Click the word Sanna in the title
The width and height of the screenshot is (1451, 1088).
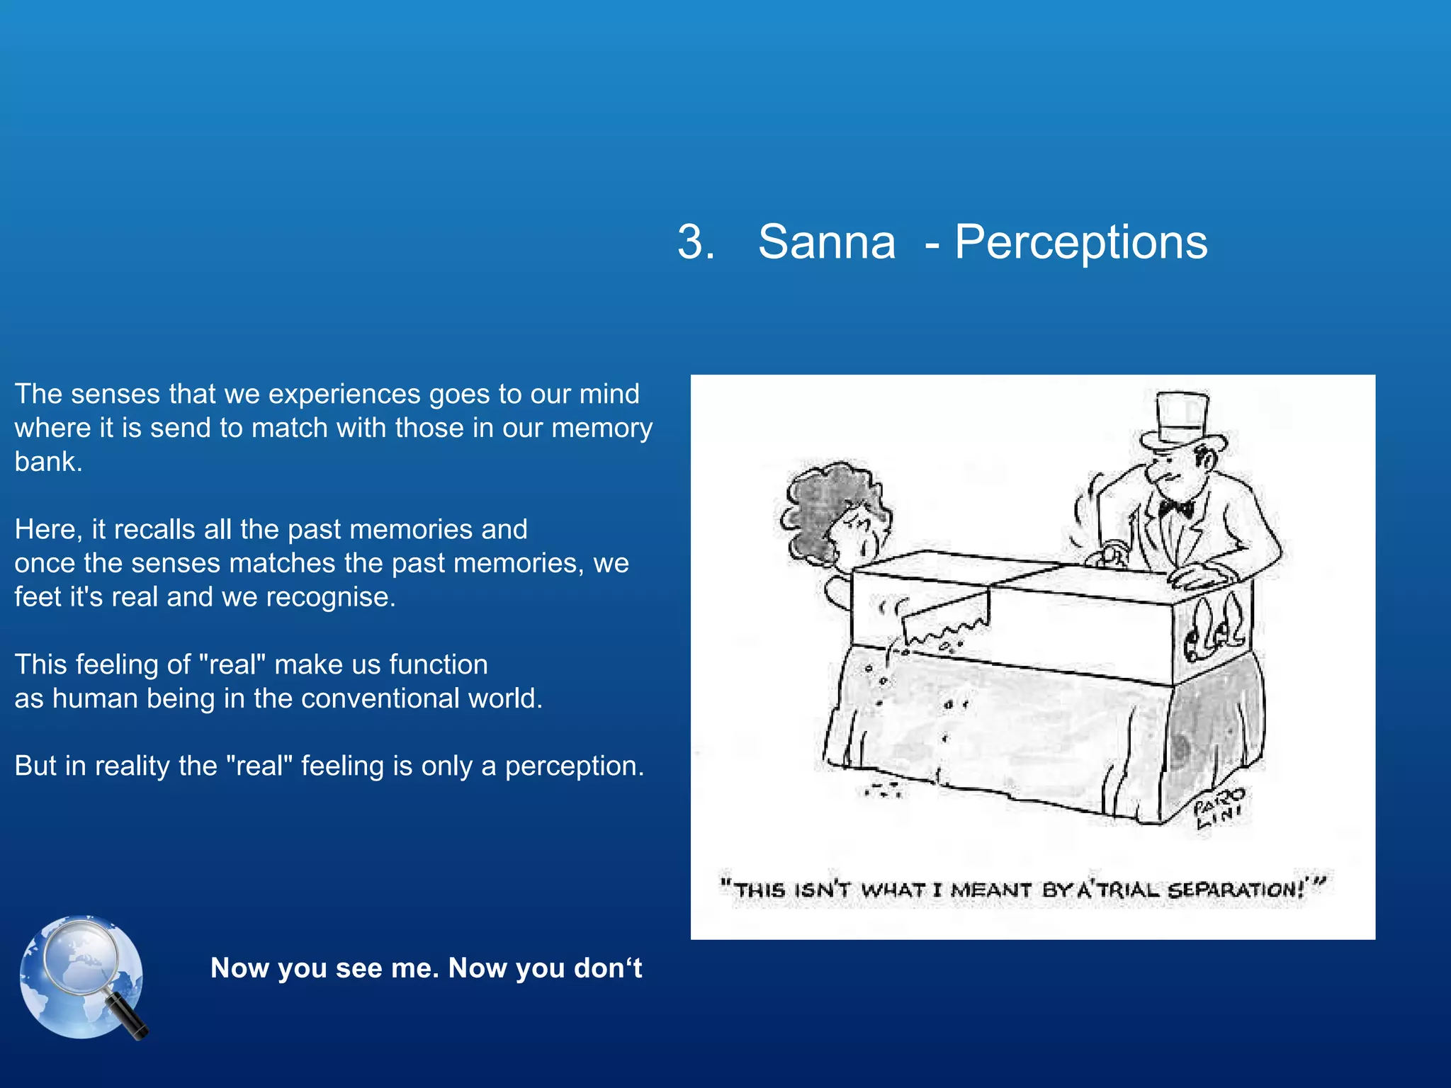[826, 242]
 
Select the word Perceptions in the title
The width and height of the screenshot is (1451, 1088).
[1080, 242]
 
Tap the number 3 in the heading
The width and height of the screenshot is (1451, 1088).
[694, 242]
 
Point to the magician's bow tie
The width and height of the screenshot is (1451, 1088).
[1176, 507]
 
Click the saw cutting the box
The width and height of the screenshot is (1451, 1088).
[946, 619]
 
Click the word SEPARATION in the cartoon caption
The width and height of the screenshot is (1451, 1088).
[1236, 890]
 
